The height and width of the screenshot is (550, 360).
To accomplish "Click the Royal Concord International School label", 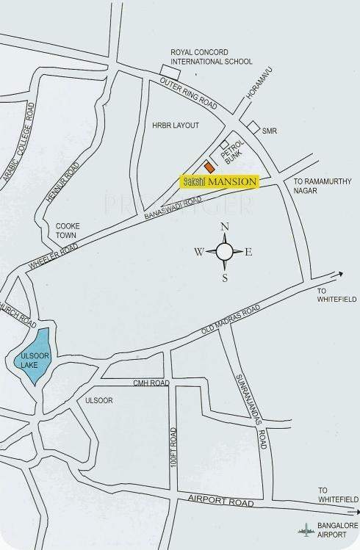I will [x=211, y=57].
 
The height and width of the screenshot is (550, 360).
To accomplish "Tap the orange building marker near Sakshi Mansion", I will [x=210, y=167].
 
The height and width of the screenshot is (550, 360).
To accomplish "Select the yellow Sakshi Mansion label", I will [x=220, y=181].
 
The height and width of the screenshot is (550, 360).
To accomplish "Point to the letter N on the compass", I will [x=226, y=227].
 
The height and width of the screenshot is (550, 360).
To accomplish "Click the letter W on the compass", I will [x=198, y=252].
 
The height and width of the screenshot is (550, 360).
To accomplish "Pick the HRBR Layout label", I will [x=176, y=126].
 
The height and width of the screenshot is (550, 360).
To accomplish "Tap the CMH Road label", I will [x=151, y=383].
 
